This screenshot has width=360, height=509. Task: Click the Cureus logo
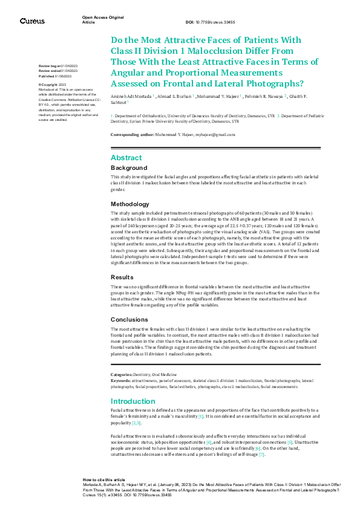point(32,21)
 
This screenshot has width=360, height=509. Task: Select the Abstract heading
point(126,157)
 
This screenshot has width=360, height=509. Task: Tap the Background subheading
point(129,167)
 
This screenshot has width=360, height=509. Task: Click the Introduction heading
point(133,401)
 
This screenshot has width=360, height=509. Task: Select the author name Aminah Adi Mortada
point(131,96)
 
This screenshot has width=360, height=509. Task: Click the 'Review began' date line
point(58,65)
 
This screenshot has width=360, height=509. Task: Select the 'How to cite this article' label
point(104,479)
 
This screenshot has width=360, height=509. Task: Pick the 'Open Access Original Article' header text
point(103,20)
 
